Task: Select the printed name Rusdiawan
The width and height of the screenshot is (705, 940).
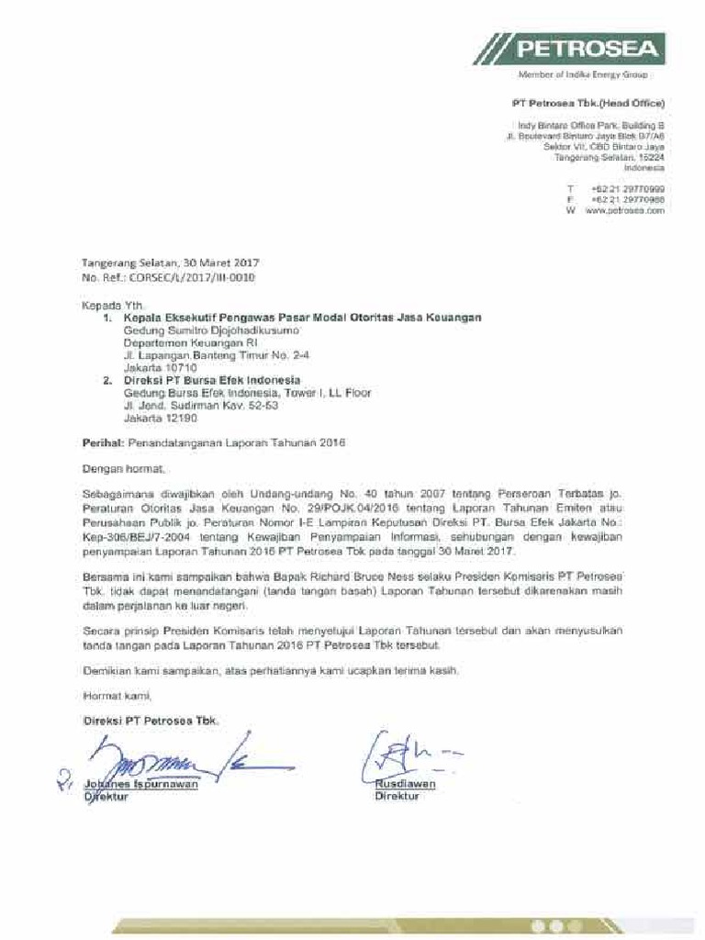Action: (x=405, y=784)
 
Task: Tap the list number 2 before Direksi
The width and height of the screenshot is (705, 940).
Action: (x=106, y=379)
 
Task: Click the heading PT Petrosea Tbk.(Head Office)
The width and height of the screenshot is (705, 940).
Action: (x=587, y=103)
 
